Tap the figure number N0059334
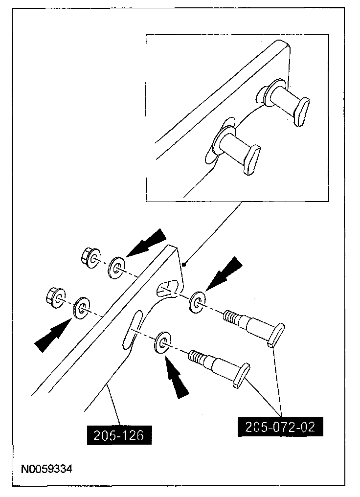(x=46, y=469)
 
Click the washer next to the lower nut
(x=81, y=308)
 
